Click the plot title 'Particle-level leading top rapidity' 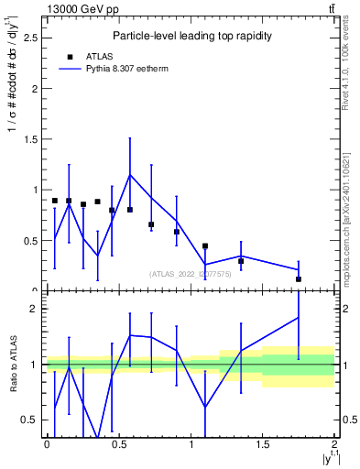pyautogui.click(x=190, y=36)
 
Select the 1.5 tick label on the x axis pyautogui.click(x=263, y=444)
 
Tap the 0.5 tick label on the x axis pyautogui.click(x=118, y=444)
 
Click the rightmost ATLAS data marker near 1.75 pyautogui.click(x=299, y=278)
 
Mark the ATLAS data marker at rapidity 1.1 pyautogui.click(x=205, y=245)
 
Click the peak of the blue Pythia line pyautogui.click(x=130, y=174)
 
